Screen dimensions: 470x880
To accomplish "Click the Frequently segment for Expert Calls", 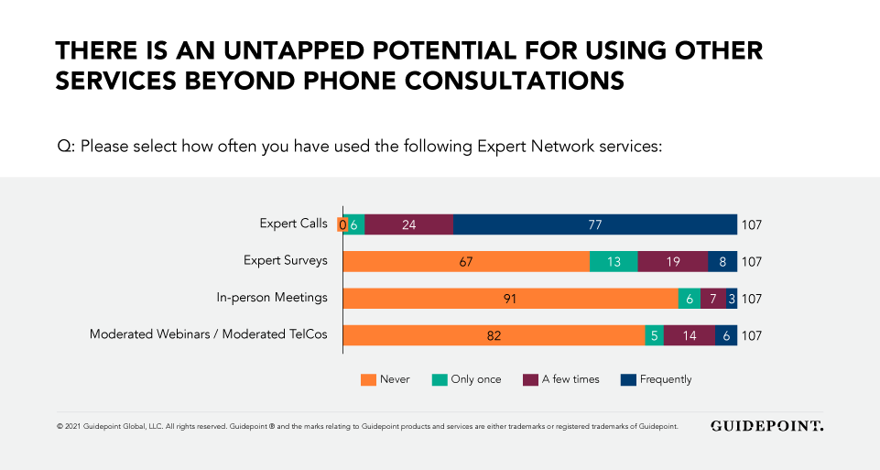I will click(x=595, y=224).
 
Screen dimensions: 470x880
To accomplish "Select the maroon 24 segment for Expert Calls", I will click(x=408, y=224).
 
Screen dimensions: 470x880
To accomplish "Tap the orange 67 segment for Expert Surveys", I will click(x=466, y=261).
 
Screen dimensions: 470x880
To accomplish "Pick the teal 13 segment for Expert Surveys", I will click(x=614, y=261).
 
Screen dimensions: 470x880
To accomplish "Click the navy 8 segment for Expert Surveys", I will click(x=722, y=261).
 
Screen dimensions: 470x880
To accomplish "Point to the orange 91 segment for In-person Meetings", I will click(x=510, y=298).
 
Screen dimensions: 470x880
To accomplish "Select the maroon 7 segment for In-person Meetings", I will click(x=713, y=298).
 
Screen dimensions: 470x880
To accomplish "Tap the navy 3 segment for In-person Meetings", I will click(x=732, y=298).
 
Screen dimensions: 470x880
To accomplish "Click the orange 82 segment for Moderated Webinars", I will click(x=494, y=335).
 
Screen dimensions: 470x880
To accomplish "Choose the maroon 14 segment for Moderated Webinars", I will click(x=690, y=335).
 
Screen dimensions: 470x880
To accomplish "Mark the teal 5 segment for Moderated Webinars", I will click(x=654, y=335).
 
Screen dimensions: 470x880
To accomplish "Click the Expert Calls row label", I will click(x=293, y=224).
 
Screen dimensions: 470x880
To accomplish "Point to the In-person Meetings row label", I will click(x=272, y=298).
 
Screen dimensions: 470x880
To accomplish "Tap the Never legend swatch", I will click(x=369, y=379).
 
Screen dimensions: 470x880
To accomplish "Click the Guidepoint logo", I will click(x=766, y=426).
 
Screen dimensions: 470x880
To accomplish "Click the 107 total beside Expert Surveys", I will click(x=751, y=262).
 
